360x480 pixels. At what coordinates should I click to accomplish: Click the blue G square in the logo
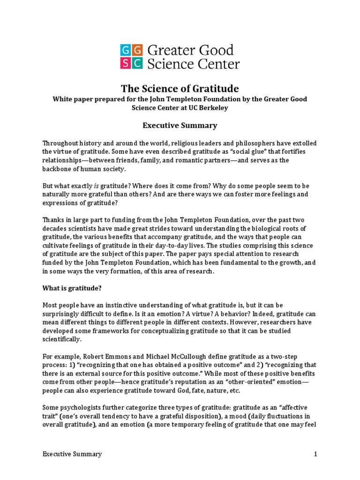pyautogui.click(x=126, y=51)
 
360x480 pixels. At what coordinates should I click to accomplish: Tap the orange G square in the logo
pyautogui.click(x=137, y=51)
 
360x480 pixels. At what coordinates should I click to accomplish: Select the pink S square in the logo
pyautogui.click(x=126, y=63)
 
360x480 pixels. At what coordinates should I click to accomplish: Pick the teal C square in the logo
pyautogui.click(x=137, y=63)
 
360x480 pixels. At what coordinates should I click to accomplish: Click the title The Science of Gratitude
pyautogui.click(x=180, y=88)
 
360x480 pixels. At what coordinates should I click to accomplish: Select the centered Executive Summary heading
pyautogui.click(x=180, y=125)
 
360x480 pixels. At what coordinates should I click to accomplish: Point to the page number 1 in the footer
pyautogui.click(x=316, y=454)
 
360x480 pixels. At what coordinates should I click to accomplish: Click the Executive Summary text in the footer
pyautogui.click(x=72, y=454)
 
